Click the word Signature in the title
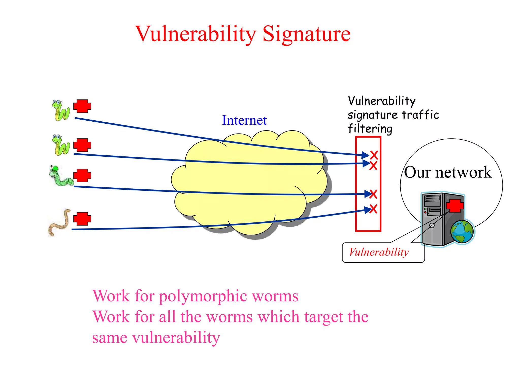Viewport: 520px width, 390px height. tap(306, 34)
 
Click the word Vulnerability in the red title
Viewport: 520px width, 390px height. tap(196, 34)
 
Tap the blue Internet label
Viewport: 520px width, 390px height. tap(244, 120)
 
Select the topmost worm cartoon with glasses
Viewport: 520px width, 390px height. tap(61, 110)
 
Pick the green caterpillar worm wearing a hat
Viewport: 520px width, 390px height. tap(60, 176)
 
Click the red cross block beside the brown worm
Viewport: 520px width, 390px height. tap(82, 219)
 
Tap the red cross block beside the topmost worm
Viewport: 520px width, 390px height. tap(82, 106)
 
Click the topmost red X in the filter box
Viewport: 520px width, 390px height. tap(374, 155)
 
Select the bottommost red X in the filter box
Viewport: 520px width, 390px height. tap(373, 209)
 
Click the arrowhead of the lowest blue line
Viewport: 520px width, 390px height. tap(368, 210)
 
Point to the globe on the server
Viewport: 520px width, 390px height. tap(462, 232)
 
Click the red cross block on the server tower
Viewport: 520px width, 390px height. tap(454, 206)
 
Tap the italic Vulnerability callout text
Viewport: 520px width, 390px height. tap(379, 252)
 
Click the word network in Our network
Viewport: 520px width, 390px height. tap(463, 173)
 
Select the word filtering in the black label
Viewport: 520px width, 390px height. tap(370, 129)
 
